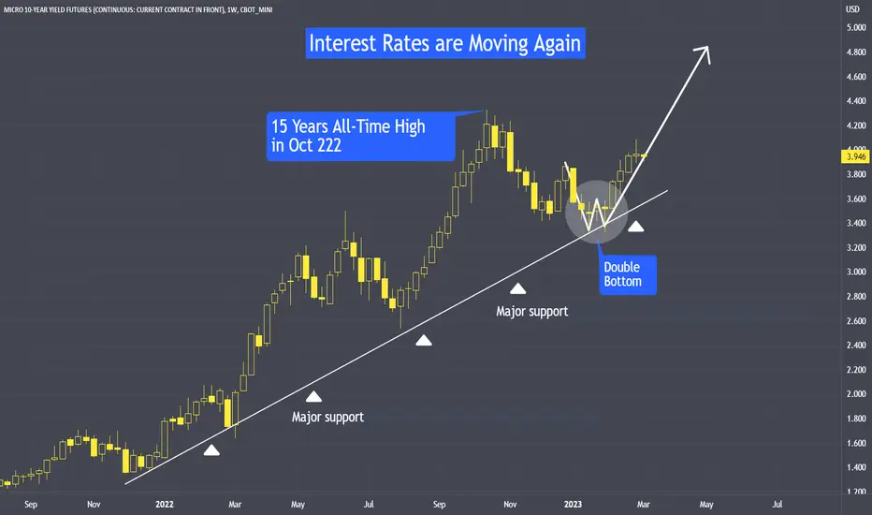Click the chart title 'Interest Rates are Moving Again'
445,43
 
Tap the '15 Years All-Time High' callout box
361,137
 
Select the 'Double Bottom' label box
627,274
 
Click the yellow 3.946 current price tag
855,156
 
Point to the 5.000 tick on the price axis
856,27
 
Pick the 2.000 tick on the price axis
856,394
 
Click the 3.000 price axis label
856,272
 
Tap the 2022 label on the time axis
165,505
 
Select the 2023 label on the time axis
573,505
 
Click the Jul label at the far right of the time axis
777,505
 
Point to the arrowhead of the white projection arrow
705,52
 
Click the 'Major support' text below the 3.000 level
532,311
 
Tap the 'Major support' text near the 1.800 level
327,417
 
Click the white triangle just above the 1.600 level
211,450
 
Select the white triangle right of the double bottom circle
635,226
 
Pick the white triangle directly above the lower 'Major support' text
313,396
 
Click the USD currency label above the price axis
852,9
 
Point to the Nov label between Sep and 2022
94,505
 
